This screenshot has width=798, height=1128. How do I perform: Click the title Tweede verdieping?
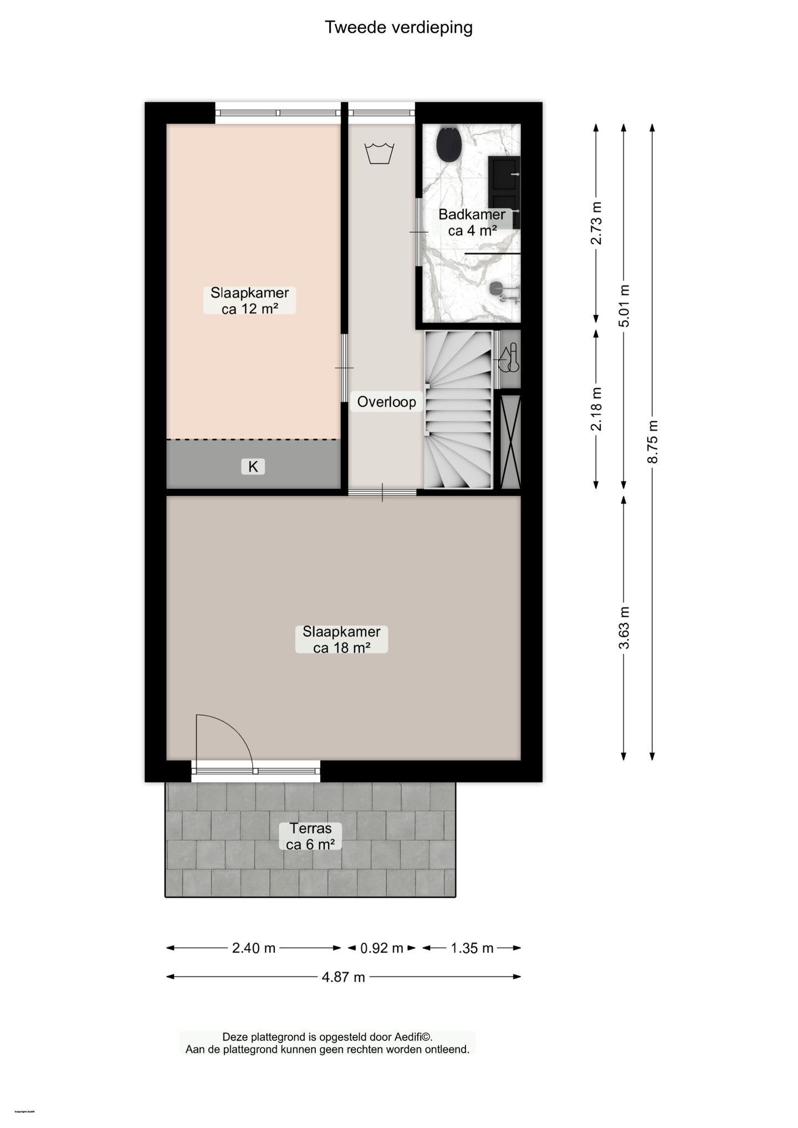pos(398,27)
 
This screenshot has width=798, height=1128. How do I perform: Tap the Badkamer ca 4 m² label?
pos(472,222)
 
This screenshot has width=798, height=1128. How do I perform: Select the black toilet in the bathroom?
pos(449,145)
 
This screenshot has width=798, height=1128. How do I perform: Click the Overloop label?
pos(386,402)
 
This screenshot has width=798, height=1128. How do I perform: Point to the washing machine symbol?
pos(379,153)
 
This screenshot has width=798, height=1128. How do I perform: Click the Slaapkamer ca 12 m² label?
pos(249,301)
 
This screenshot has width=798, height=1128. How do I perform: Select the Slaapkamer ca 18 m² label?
pos(341,640)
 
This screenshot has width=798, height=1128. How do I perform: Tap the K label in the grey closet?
pos(253,467)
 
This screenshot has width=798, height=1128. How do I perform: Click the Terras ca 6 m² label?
pos(310,836)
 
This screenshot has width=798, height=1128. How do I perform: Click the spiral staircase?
pos(458,410)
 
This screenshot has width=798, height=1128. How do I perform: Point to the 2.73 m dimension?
pos(596,223)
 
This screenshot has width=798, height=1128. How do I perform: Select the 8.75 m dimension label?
pos(653,442)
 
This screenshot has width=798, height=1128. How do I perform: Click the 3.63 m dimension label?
pos(624,627)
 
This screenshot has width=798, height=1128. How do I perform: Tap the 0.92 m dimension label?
pos(382,948)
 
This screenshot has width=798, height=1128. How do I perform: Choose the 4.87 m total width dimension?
pos(344,977)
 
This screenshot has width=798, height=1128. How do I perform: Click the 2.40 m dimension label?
pos(254,948)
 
